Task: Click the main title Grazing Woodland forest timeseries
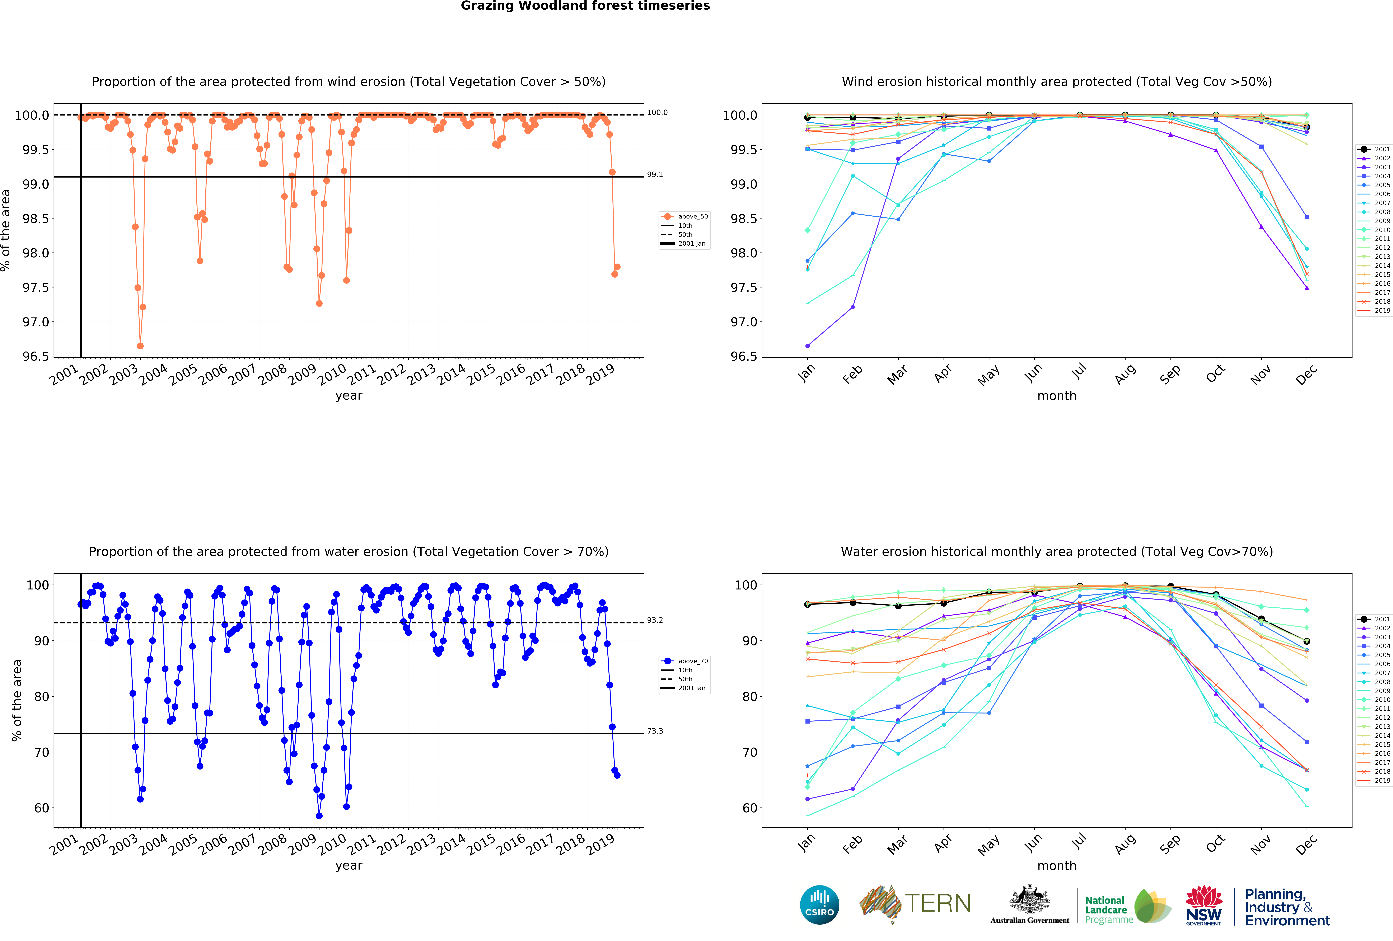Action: [585, 6]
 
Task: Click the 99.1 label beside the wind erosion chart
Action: [655, 174]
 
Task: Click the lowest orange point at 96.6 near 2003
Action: [140, 346]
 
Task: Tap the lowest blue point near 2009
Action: [319, 816]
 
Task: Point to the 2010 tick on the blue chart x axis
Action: [333, 844]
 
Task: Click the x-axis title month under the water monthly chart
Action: [1057, 865]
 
